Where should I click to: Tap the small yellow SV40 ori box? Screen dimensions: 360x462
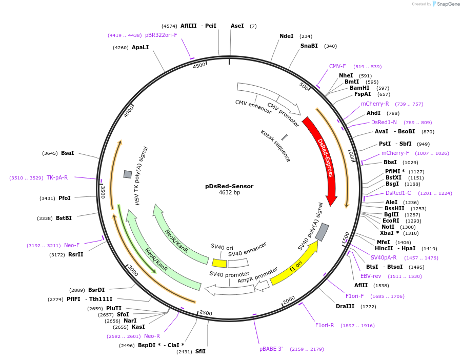coord(219,263)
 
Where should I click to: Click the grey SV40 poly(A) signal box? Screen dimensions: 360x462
coord(322,232)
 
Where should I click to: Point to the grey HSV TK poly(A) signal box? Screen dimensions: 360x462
coord(128,174)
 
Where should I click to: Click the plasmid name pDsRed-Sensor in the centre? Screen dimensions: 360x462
coord(229,186)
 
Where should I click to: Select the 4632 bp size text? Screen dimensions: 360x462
coord(229,193)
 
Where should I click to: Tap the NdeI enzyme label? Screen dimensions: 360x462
coord(287,36)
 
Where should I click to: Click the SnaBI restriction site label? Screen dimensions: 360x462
coord(309,46)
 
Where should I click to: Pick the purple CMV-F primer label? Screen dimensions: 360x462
coord(337,66)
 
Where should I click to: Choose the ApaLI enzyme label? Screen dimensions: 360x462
coord(140,47)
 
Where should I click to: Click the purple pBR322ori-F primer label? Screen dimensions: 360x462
coord(161,35)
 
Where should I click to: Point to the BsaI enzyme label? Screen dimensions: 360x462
coord(68,153)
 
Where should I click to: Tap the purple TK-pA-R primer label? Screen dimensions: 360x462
coord(57,177)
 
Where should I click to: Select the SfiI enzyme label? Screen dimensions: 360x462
coord(200,351)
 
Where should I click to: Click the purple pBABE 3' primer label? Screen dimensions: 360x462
coord(271,349)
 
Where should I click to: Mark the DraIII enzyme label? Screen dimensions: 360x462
coord(345,306)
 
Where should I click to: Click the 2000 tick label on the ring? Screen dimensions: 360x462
coord(289,299)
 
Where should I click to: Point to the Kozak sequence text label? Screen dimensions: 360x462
coord(276,146)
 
